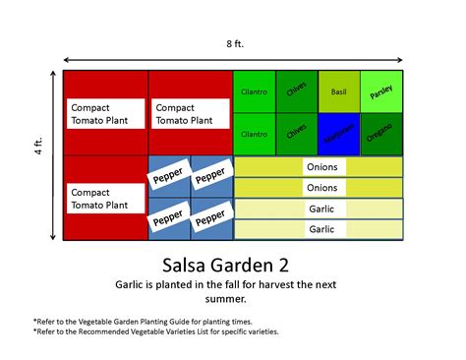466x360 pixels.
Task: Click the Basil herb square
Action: (339, 90)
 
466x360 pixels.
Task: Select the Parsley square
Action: (381, 90)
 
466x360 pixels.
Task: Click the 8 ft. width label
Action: (232, 43)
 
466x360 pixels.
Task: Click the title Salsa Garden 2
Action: (232, 265)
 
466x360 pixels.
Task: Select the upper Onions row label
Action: (321, 166)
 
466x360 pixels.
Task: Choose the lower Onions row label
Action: (321, 187)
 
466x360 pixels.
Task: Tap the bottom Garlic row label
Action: (321, 229)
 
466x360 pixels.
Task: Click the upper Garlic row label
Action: (321, 209)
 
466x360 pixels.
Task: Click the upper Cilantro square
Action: (255, 91)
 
